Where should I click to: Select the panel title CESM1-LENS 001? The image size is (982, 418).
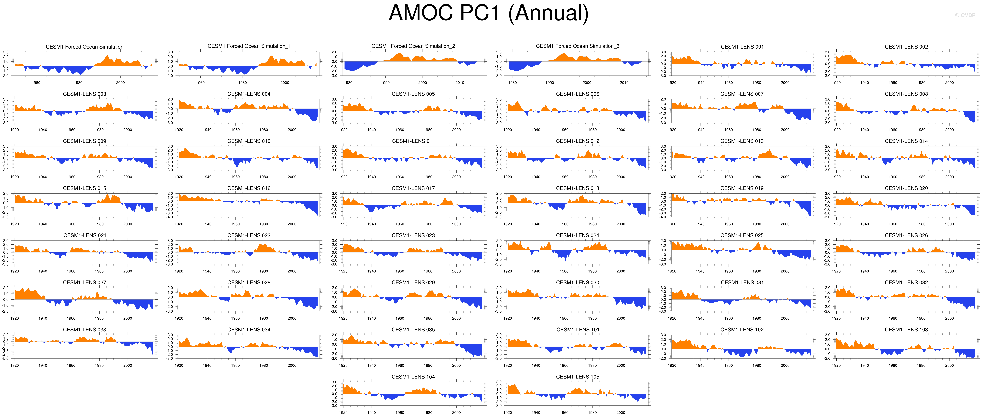pyautogui.click(x=742, y=47)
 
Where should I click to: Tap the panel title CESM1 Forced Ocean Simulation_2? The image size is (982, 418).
pyautogui.click(x=413, y=46)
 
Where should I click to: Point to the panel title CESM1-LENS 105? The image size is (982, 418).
pyautogui.click(x=578, y=377)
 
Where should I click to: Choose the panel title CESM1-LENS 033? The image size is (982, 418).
pyautogui.click(x=85, y=329)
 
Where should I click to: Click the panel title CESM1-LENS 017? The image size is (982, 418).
pyautogui.click(x=413, y=188)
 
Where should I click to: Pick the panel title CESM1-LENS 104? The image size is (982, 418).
pyautogui.click(x=413, y=377)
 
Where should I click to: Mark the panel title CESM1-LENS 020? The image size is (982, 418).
pyautogui.click(x=906, y=188)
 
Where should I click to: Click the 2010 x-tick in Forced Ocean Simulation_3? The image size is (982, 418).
pyautogui.click(x=624, y=83)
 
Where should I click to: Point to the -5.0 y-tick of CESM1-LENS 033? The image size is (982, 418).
pyautogui.click(x=6, y=359)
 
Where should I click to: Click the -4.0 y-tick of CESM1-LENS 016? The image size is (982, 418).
pyautogui.click(x=170, y=217)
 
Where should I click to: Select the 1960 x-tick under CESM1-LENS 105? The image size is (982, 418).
pyautogui.click(x=564, y=413)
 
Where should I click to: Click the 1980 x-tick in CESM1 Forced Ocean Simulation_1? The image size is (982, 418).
pyautogui.click(x=242, y=83)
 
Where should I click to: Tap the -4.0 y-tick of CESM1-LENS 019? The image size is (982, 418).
pyautogui.click(x=663, y=217)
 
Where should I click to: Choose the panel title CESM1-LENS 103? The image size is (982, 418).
pyautogui.click(x=906, y=329)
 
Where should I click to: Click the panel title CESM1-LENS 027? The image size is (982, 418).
pyautogui.click(x=85, y=283)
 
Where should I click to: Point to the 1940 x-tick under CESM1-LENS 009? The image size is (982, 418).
pyautogui.click(x=43, y=177)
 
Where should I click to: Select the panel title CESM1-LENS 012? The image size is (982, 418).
pyautogui.click(x=578, y=141)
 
